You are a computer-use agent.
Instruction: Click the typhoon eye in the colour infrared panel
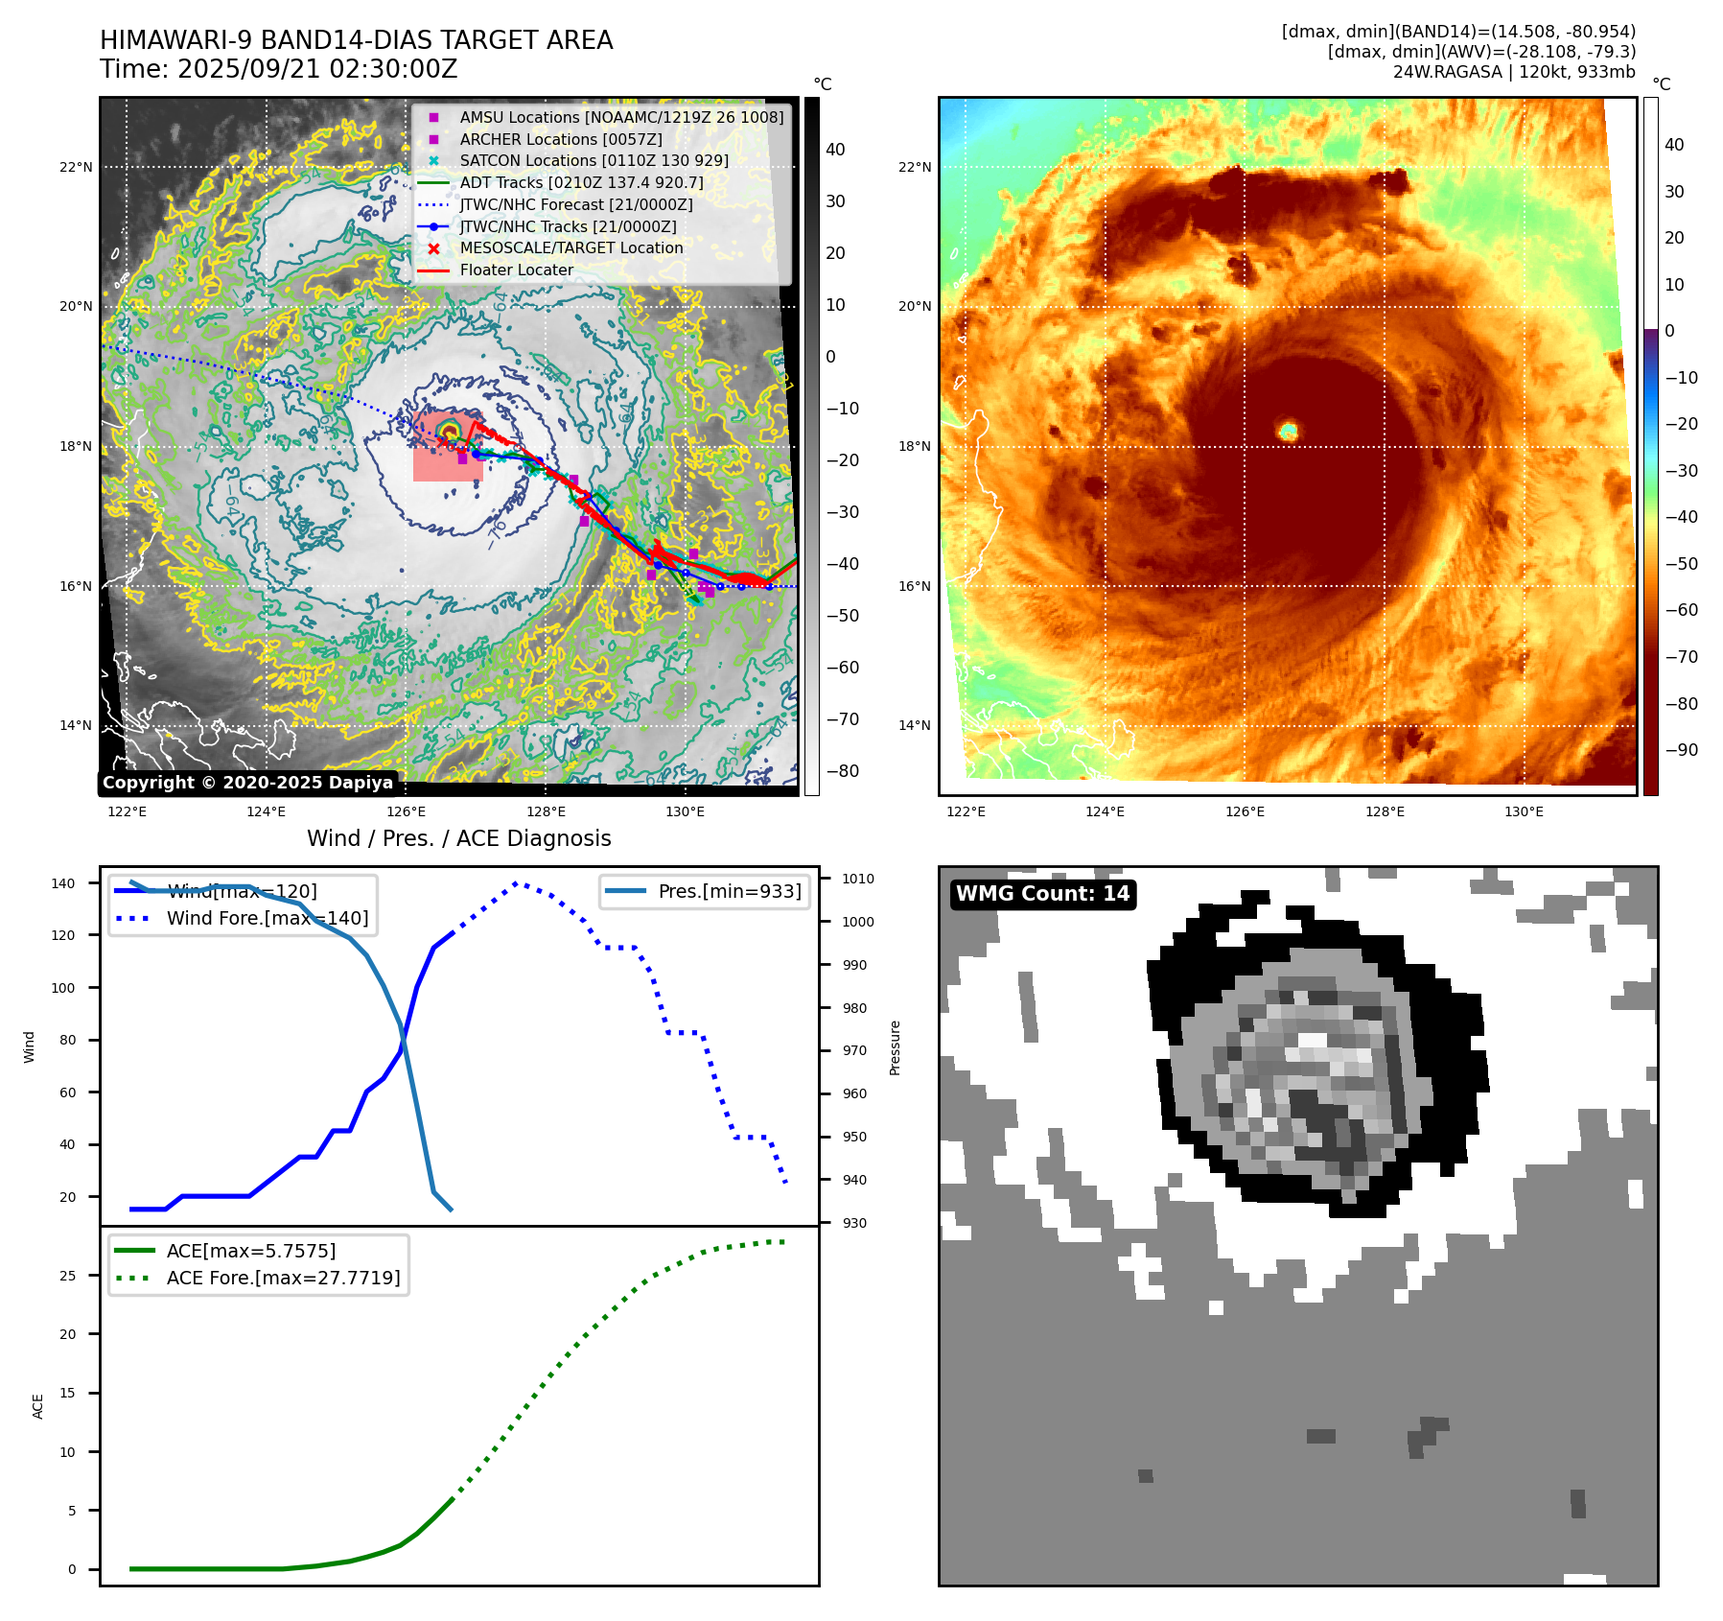pyautogui.click(x=1288, y=431)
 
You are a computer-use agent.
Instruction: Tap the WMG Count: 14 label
pyautogui.click(x=1042, y=894)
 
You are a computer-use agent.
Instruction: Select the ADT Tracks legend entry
pyautogui.click(x=581, y=182)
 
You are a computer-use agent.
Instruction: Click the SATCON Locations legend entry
pyautogui.click(x=594, y=160)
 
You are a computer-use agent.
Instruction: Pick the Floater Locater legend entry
pyautogui.click(x=516, y=270)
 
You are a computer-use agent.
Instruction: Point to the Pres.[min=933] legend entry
pyautogui.click(x=729, y=891)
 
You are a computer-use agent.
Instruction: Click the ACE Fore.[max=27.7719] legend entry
pyautogui.click(x=283, y=1278)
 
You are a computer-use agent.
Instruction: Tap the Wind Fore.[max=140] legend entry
pyautogui.click(x=267, y=918)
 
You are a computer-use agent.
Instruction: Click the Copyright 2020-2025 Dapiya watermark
pyautogui.click(x=247, y=783)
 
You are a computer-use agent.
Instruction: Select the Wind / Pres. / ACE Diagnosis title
pyautogui.click(x=458, y=838)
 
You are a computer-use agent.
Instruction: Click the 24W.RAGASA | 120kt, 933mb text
pyautogui.click(x=1514, y=72)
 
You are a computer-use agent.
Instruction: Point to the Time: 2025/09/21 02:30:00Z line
pyautogui.click(x=278, y=70)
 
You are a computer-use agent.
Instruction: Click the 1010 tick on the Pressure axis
pyautogui.click(x=857, y=879)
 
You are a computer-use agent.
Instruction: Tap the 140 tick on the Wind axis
pyautogui.click(x=63, y=883)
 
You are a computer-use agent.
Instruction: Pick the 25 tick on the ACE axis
pyautogui.click(x=67, y=1276)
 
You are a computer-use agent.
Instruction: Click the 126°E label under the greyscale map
pyautogui.click(x=406, y=811)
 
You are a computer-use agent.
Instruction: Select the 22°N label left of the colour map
pyautogui.click(x=914, y=167)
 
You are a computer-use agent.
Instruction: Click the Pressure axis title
pyautogui.click(x=895, y=1047)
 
